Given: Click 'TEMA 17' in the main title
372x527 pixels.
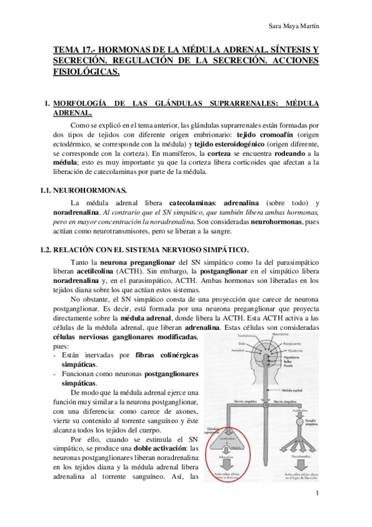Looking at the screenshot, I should (71, 49).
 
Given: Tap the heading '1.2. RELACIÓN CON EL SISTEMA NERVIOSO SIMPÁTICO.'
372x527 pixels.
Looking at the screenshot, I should (143, 250).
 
